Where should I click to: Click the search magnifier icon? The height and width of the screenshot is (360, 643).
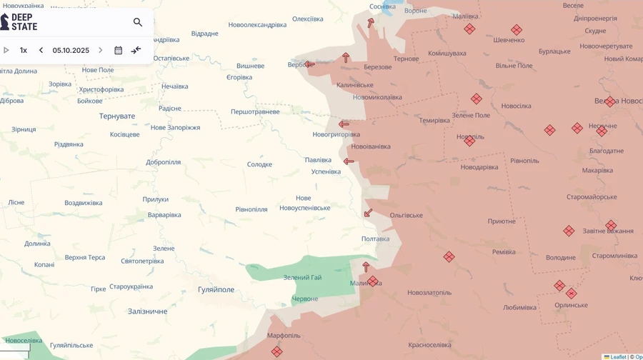[x=138, y=22]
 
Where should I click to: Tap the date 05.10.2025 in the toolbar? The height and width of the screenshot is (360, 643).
[x=71, y=51]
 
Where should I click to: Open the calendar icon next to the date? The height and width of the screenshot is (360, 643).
[x=119, y=51]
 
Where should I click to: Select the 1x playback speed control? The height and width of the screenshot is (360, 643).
[x=24, y=51]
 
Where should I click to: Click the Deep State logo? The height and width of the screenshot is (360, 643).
[x=20, y=21]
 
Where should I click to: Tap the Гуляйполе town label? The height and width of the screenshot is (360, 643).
[x=216, y=289]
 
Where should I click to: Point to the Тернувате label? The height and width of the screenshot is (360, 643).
[x=116, y=116]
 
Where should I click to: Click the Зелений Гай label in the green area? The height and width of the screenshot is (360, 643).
[x=302, y=277]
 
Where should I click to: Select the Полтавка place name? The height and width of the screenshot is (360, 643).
[x=375, y=239]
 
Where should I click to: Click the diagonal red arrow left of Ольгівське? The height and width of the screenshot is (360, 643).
[x=368, y=213]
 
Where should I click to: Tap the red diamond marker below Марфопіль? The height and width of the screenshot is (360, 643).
[x=276, y=351]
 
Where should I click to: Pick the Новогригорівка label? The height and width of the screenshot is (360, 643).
[x=336, y=134]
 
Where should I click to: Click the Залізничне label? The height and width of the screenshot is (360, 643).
[x=147, y=311]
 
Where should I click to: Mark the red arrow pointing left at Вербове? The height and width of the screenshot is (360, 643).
[x=309, y=64]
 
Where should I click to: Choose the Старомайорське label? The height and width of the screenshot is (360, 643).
[x=592, y=196]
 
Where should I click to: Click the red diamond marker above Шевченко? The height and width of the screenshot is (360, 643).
[x=516, y=30]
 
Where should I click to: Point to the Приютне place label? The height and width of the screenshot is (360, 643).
[x=502, y=221]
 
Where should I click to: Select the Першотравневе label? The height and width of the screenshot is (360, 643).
[x=255, y=111]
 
